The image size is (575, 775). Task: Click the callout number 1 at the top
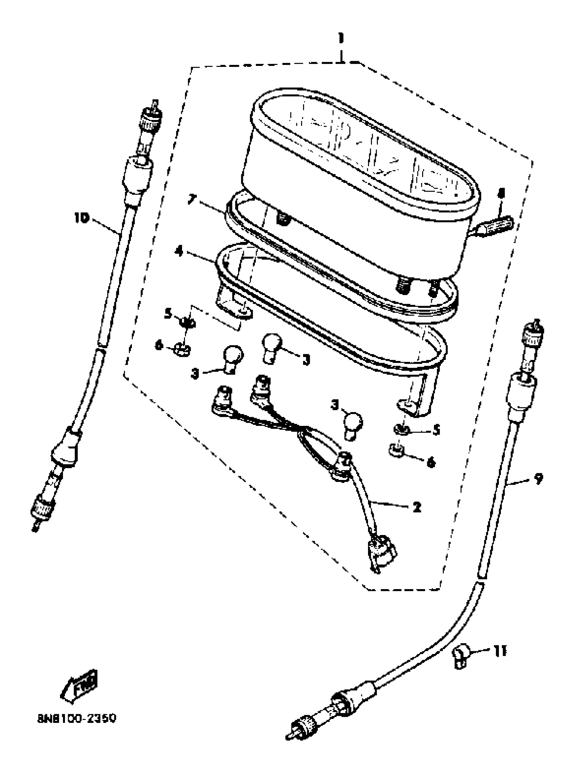point(341,39)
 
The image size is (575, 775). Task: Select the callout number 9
point(538,479)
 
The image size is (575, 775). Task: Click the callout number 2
point(417,507)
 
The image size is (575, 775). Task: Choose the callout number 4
point(179,251)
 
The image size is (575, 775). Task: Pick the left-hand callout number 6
point(159,346)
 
